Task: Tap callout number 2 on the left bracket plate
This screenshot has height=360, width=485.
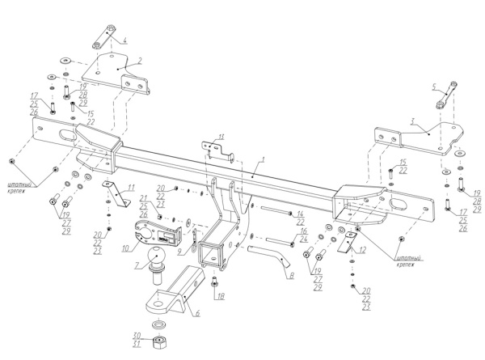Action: (139, 60)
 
